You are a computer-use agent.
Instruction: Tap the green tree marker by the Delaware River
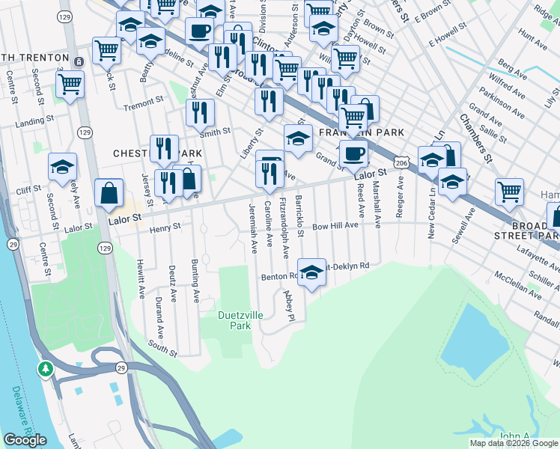(x=46, y=369)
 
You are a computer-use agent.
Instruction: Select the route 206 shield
(x=402, y=162)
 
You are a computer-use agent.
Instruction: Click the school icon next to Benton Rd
(x=312, y=272)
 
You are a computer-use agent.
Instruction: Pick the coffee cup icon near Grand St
(x=353, y=153)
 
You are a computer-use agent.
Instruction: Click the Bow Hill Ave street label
(x=337, y=225)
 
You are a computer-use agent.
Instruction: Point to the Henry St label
(x=165, y=227)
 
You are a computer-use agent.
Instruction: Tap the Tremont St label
(x=143, y=101)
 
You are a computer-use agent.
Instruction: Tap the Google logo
(x=25, y=440)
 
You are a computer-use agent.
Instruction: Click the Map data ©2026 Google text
(x=514, y=443)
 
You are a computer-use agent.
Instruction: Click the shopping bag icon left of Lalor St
(x=109, y=192)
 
